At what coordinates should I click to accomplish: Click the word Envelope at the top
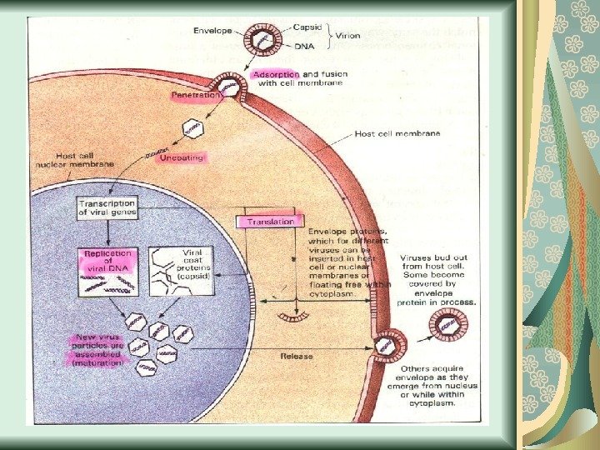(x=212, y=30)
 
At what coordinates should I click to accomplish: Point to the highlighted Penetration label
(x=196, y=96)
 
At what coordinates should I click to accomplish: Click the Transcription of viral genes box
(x=107, y=207)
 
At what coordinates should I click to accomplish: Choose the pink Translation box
(x=270, y=222)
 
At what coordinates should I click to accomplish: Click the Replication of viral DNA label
(x=105, y=260)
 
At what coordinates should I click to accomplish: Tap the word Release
(x=296, y=356)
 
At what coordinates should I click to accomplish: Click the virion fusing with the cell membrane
(x=226, y=87)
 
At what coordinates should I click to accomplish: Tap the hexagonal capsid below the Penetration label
(x=193, y=128)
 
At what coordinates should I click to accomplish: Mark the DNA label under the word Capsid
(x=303, y=47)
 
